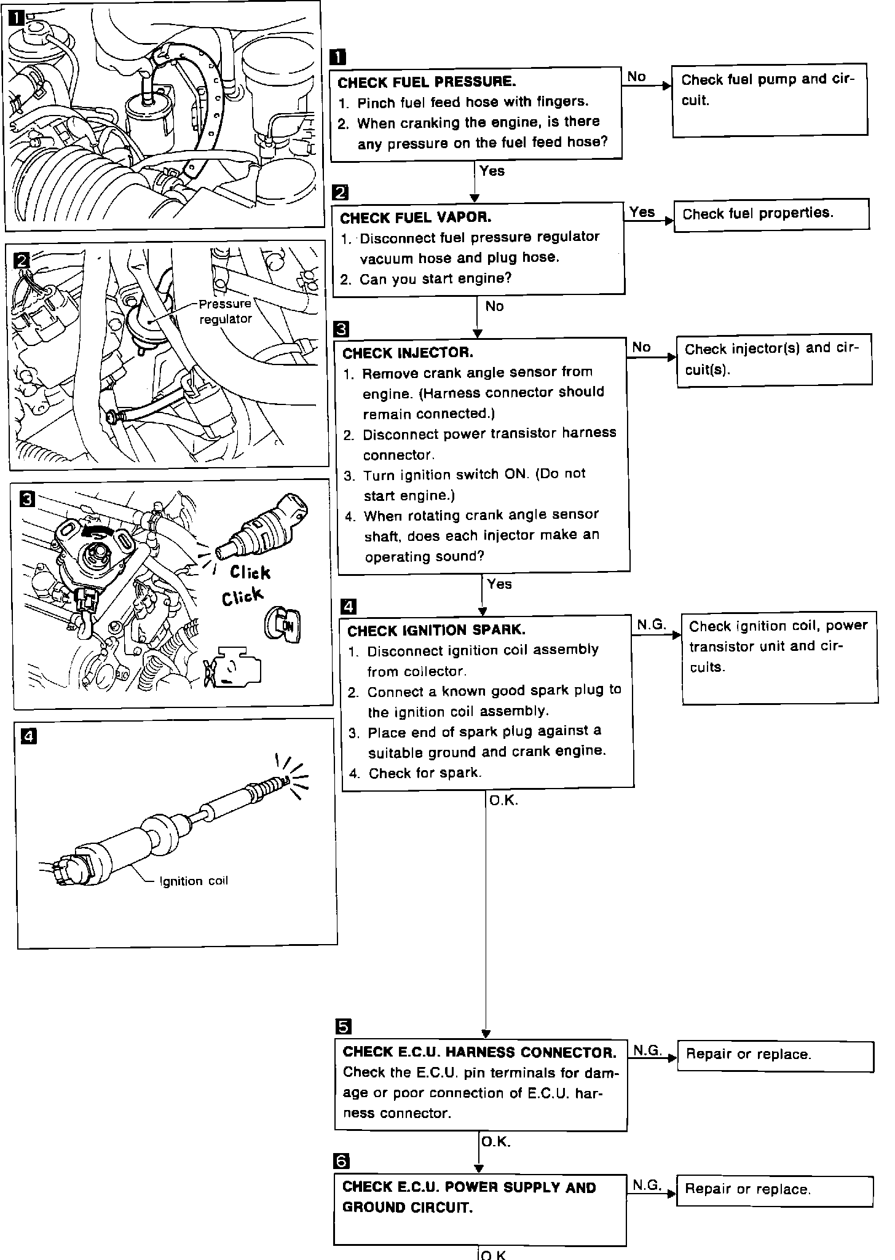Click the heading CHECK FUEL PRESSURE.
click(427, 82)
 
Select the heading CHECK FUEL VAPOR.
click(416, 218)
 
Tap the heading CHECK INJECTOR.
click(408, 353)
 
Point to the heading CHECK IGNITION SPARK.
click(436, 631)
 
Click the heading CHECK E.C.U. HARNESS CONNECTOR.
click(479, 1053)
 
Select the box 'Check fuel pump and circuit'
click(769, 100)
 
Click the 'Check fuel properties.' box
click(771, 215)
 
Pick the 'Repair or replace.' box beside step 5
click(775, 1055)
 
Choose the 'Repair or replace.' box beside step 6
click(774, 1190)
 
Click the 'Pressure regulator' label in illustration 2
click(225, 312)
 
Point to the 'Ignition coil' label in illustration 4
click(194, 881)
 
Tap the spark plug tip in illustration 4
click(283, 781)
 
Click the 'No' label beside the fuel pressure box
click(637, 77)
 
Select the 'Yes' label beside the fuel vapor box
click(642, 212)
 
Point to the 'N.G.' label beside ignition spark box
click(652, 624)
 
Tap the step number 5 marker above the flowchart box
click(343, 1026)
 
